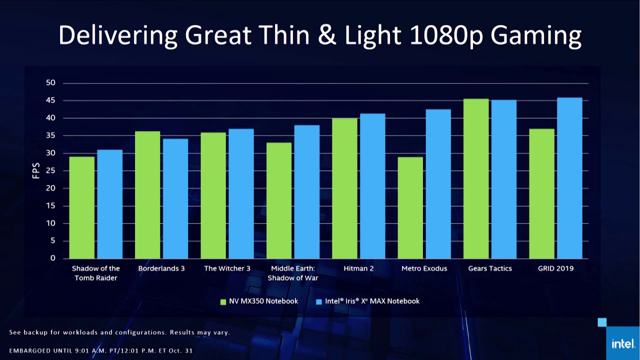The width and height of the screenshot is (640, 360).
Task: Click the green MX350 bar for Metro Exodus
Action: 410,207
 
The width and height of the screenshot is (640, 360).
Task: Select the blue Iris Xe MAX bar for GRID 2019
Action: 569,178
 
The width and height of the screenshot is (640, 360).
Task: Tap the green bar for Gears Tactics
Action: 476,178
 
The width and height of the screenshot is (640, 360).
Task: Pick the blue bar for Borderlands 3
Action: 175,198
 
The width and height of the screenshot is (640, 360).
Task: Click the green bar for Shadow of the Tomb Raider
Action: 81,207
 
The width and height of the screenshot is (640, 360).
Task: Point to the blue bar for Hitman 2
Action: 372,186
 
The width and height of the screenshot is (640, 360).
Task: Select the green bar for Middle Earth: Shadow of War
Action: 279,200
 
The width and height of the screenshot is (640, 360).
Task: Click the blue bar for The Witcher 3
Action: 241,193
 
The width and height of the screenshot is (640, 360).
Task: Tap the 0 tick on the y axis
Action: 52,258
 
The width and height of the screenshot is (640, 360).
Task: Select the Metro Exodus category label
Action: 424,268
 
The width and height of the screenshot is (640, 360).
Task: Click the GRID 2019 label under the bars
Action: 555,268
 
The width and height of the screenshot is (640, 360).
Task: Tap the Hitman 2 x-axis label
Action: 358,268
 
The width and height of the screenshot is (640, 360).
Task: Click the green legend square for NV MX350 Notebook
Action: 223,301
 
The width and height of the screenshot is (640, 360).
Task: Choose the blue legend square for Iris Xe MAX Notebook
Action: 319,301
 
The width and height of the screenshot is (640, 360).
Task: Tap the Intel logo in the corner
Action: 622,343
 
